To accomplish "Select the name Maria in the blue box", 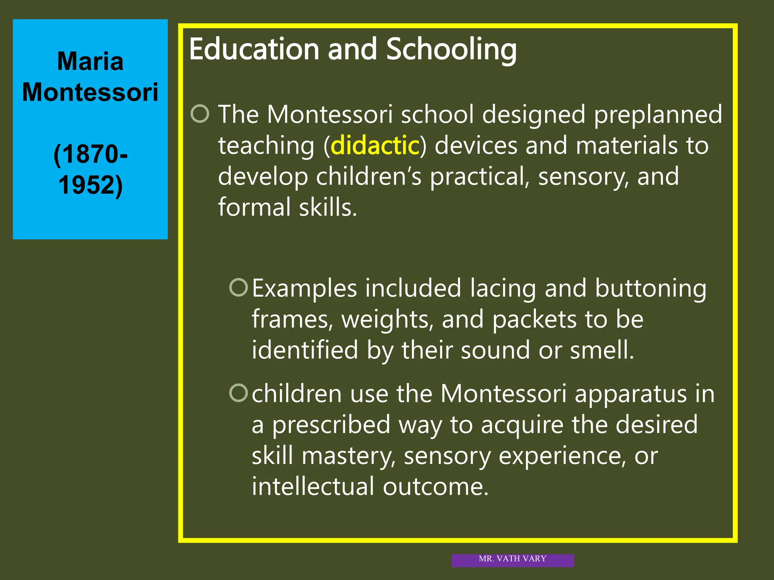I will coord(90,61).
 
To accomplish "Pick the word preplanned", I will coord(658,115).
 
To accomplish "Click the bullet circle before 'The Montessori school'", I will coord(200,114).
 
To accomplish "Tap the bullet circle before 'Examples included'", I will coord(238,287).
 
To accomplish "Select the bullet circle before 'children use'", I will coord(238,393).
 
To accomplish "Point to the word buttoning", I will coord(650,289).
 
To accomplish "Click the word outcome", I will coord(435,486).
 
